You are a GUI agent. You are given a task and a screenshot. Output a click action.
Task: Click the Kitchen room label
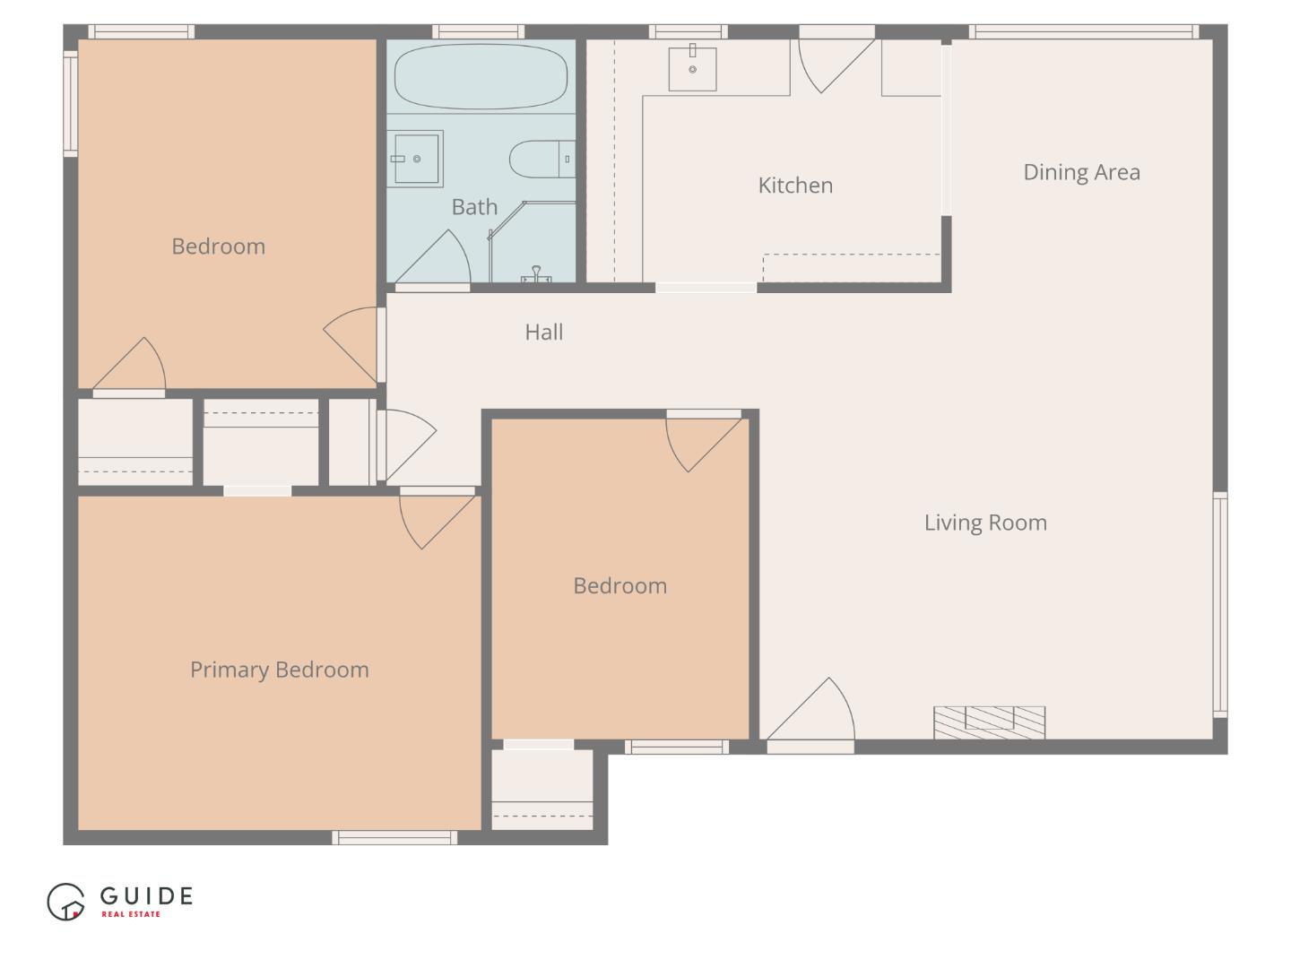795,186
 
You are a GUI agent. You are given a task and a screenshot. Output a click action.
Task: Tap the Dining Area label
1081,172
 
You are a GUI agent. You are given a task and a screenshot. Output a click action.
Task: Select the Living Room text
985,523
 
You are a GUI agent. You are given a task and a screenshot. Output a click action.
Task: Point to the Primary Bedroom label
279,670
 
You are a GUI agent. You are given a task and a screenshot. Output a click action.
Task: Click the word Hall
543,333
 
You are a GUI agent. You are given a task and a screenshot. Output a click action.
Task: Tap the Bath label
474,207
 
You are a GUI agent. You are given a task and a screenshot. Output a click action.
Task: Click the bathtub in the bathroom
481,76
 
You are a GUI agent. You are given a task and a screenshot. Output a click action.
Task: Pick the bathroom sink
415,159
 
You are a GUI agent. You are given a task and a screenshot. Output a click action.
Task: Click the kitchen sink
692,68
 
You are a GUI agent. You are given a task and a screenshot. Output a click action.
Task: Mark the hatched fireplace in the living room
989,722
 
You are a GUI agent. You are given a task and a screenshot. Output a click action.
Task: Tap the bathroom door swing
439,261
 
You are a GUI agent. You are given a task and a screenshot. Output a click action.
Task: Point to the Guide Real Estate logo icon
65,902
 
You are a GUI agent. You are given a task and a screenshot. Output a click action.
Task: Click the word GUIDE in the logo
146,895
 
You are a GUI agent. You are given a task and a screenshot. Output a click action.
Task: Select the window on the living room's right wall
1219,604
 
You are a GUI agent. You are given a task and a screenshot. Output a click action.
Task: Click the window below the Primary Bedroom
394,838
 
